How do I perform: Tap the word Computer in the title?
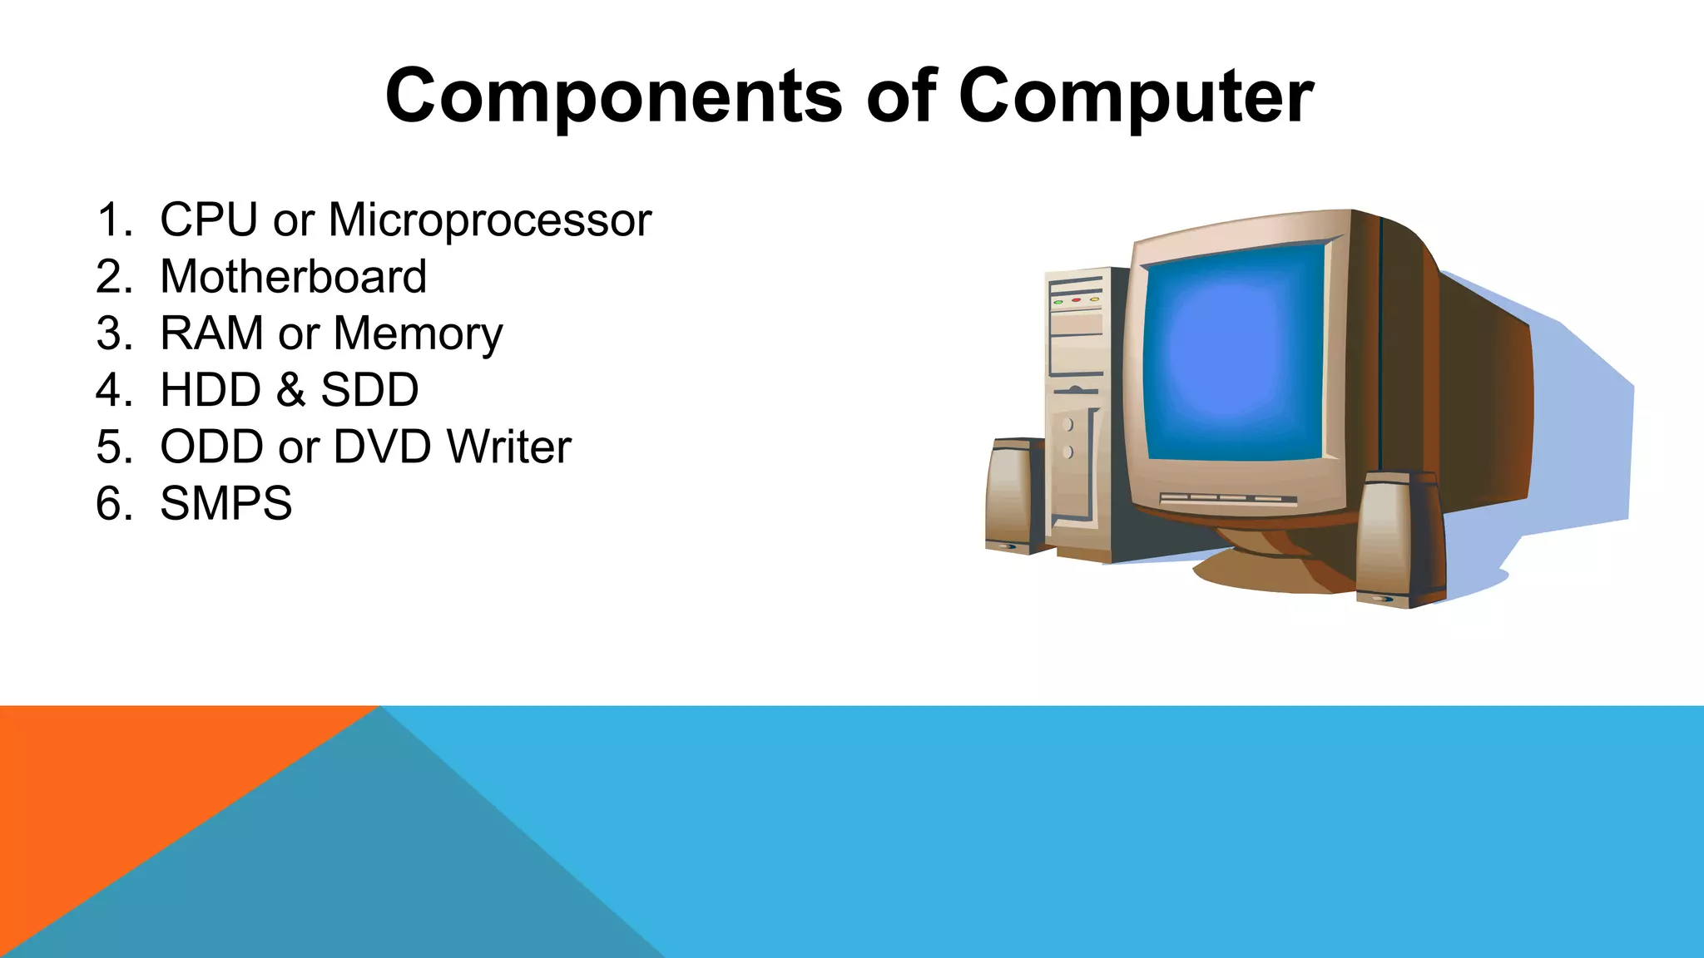coord(1136,98)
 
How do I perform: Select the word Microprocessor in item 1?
coord(489,220)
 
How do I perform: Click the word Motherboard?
coord(293,277)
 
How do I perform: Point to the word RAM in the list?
coord(211,333)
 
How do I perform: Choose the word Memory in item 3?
coord(418,335)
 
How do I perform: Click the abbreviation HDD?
coord(211,390)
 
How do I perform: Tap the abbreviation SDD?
coord(369,390)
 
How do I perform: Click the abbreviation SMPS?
coord(225,504)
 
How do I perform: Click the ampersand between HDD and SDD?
coord(290,390)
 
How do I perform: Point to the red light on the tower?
coord(1076,299)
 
